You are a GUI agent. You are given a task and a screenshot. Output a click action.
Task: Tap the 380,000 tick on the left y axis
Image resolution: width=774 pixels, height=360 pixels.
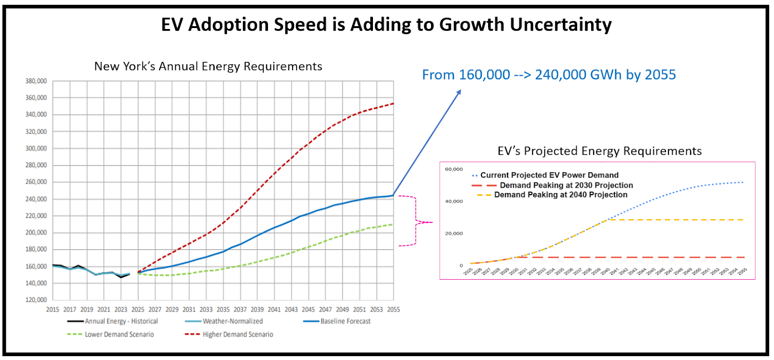(36, 81)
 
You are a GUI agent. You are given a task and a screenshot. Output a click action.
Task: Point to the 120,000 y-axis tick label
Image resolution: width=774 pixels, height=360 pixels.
(36, 300)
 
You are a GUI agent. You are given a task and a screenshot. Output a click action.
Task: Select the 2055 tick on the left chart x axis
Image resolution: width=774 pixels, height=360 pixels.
(393, 310)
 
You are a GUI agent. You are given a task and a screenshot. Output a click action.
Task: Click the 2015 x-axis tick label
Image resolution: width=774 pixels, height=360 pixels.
(53, 310)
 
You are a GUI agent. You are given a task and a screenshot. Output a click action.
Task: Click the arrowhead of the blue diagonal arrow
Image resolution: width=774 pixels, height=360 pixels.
(459, 92)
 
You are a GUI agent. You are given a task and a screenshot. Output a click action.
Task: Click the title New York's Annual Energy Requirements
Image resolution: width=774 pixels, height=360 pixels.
(208, 66)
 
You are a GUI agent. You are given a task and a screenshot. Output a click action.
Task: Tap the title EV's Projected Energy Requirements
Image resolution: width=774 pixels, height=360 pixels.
(599, 151)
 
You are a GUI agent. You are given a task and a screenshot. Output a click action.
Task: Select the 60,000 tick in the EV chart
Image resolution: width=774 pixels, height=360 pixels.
(454, 169)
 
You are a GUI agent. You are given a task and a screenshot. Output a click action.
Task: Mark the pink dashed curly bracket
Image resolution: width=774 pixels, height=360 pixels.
(417, 222)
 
